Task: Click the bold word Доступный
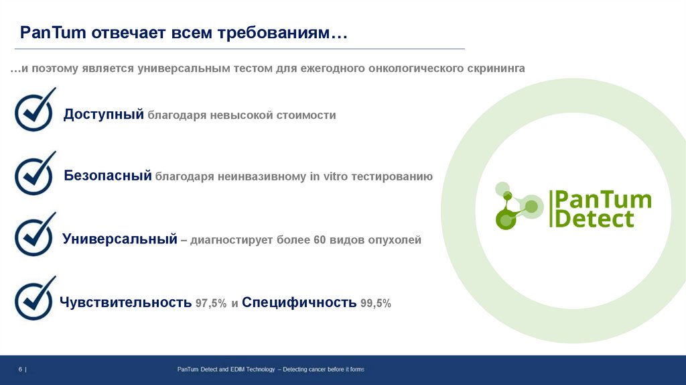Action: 104,115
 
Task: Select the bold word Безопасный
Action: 108,176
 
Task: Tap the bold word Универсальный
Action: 119,239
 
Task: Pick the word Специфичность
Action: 299,302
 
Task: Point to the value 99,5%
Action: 375,303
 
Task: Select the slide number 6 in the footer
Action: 20,370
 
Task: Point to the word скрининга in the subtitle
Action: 495,69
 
